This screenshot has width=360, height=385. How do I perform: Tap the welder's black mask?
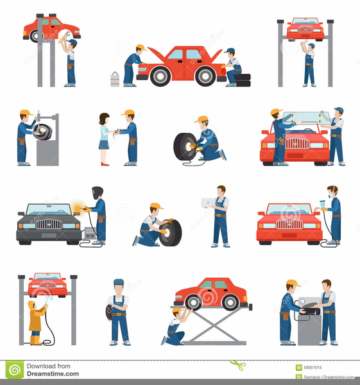(98, 192)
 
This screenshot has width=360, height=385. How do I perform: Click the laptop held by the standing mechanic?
(207, 203)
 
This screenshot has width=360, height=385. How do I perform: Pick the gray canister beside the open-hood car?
(115, 79)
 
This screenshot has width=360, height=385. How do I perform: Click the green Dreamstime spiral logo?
(14, 370)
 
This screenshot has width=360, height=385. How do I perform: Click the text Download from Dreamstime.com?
(53, 370)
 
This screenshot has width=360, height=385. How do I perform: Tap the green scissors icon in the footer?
(238, 366)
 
